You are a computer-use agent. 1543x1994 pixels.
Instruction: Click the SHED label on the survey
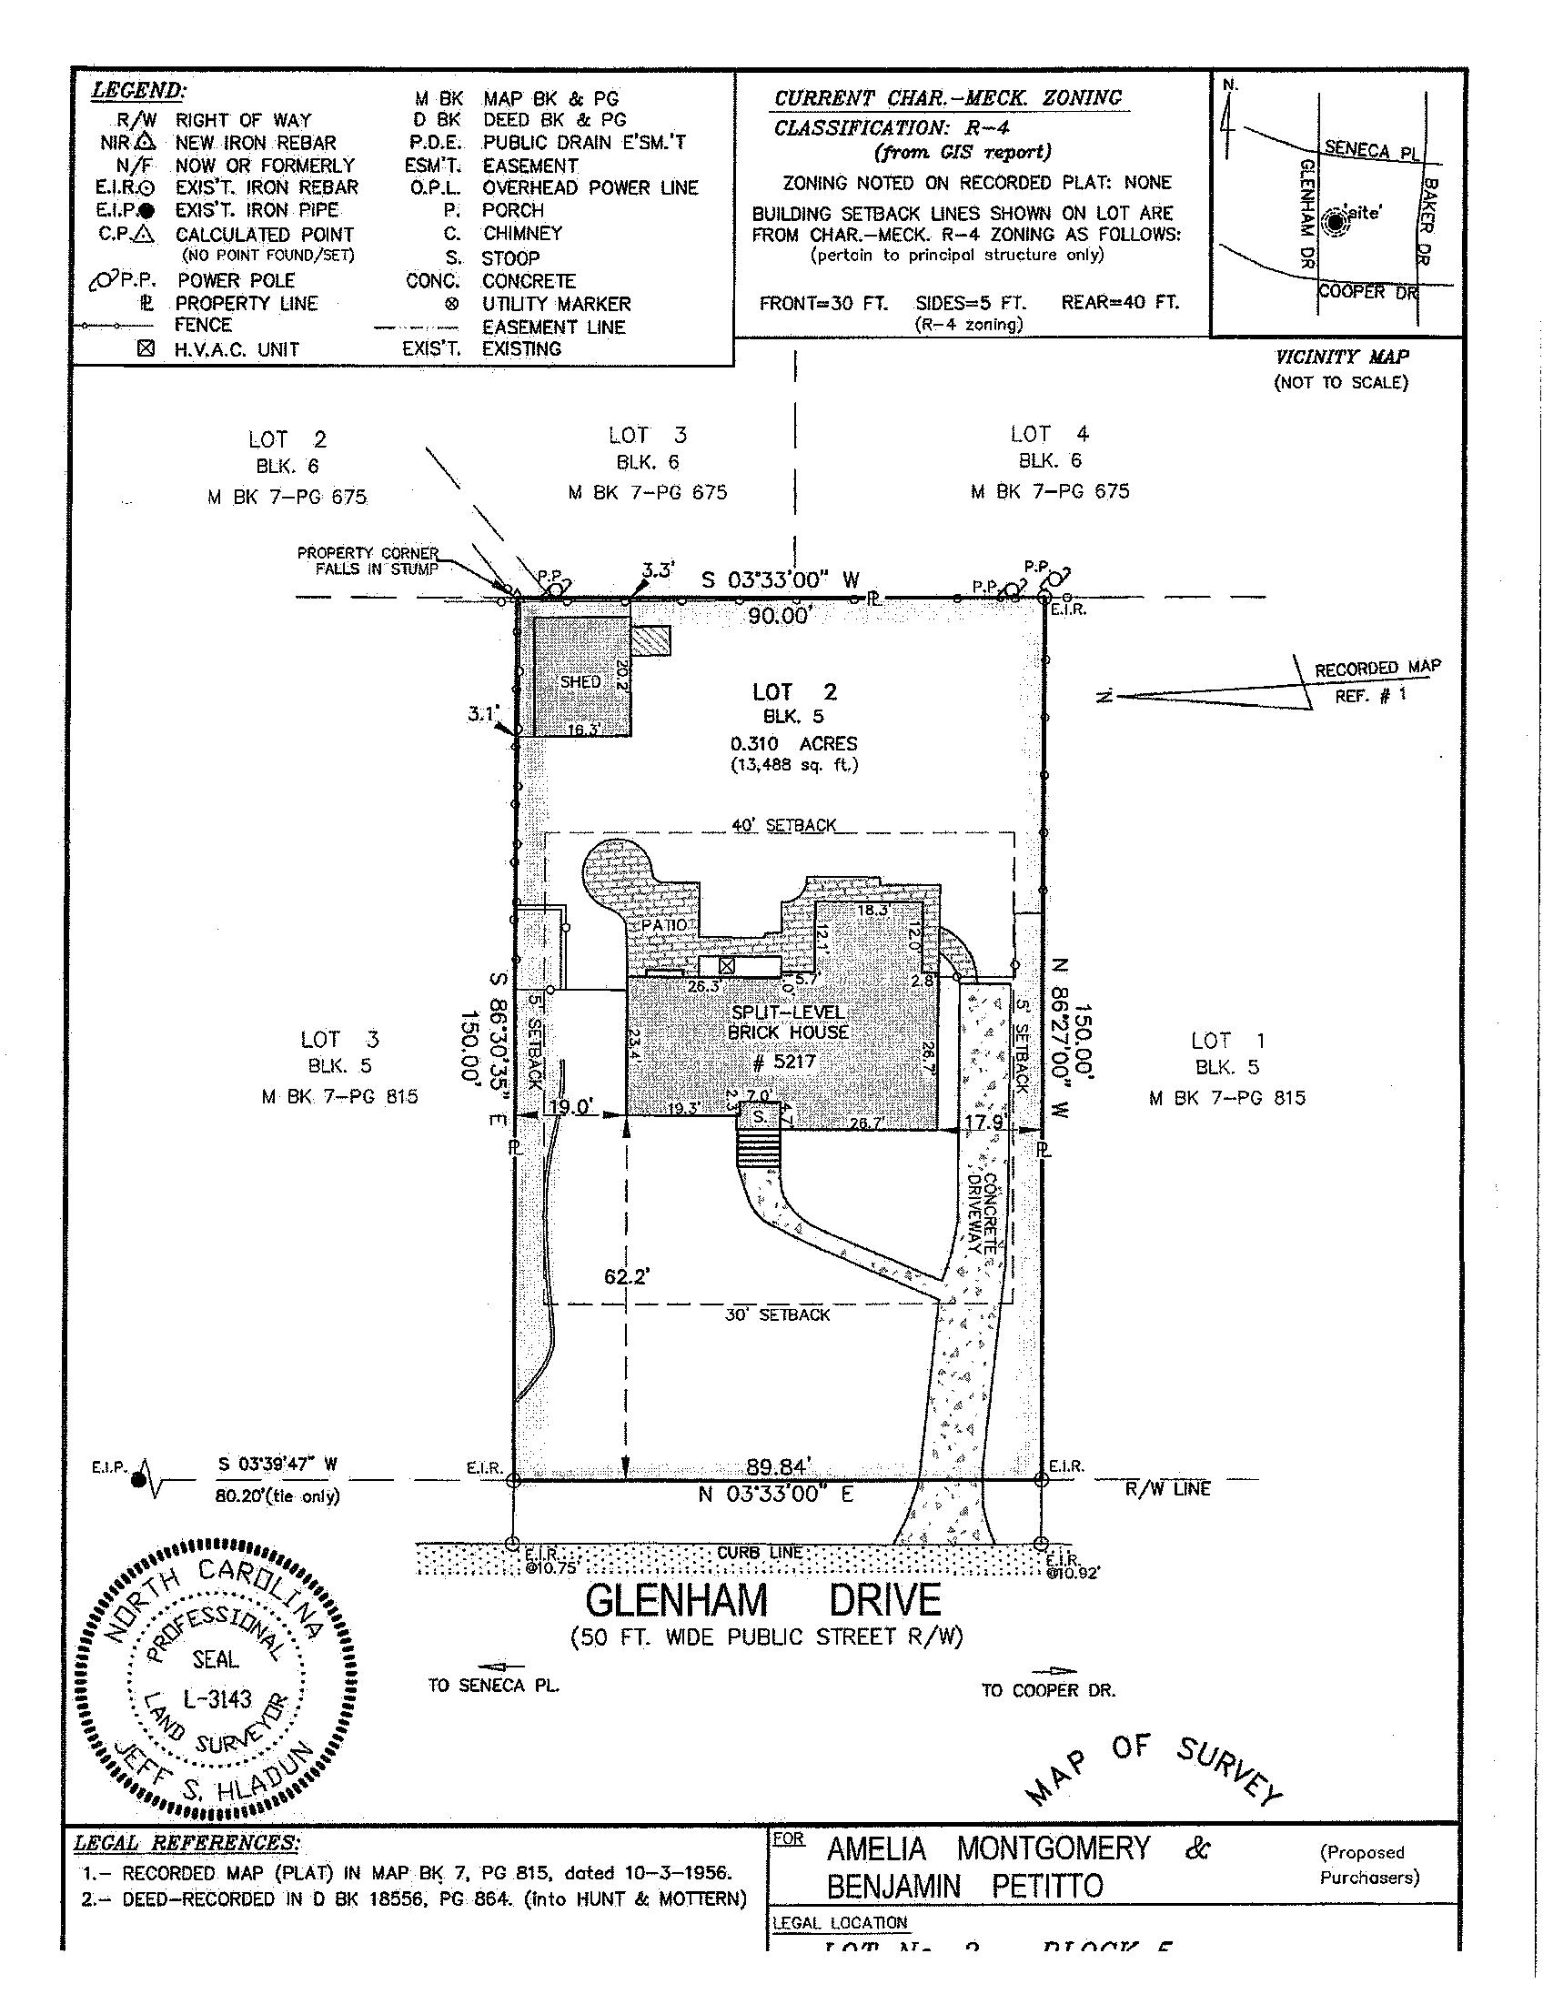pyautogui.click(x=580, y=681)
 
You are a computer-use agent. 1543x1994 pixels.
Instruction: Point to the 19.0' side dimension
pyautogui.click(x=572, y=1107)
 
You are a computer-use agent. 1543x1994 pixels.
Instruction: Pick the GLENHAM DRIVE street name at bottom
pyautogui.click(x=762, y=1600)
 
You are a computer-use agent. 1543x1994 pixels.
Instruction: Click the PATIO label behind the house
pyautogui.click(x=663, y=925)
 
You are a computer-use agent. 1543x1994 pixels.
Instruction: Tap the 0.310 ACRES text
pyautogui.click(x=792, y=743)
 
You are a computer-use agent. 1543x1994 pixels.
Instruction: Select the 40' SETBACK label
pyautogui.click(x=784, y=825)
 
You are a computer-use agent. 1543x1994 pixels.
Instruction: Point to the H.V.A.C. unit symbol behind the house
pyautogui.click(x=727, y=965)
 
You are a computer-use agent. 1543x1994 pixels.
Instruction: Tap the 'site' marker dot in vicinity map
pyautogui.click(x=1336, y=222)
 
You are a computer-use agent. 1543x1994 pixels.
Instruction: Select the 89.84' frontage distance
pyautogui.click(x=778, y=1466)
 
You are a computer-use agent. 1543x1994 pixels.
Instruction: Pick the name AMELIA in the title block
pyautogui.click(x=876, y=1848)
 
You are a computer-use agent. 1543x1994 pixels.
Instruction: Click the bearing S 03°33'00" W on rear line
pyautogui.click(x=781, y=579)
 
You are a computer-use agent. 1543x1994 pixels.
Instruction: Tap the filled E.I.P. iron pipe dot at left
pyautogui.click(x=139, y=1480)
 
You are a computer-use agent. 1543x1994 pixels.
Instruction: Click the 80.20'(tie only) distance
pyautogui.click(x=277, y=1495)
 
